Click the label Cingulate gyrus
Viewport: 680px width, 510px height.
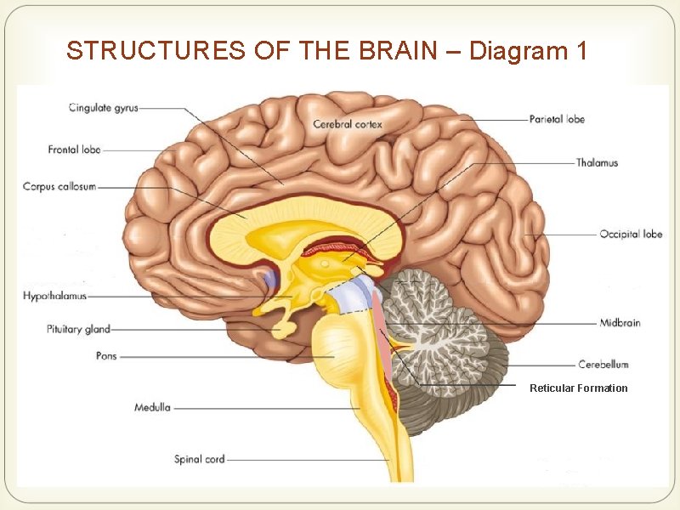click(103, 108)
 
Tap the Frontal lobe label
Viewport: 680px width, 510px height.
click(74, 150)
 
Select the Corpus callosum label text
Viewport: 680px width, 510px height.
click(59, 187)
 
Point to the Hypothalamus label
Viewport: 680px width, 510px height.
click(54, 296)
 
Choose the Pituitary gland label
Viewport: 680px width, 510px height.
click(78, 329)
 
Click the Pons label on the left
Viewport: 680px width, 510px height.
click(106, 356)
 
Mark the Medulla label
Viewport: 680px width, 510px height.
click(152, 407)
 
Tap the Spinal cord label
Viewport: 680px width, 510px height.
click(199, 459)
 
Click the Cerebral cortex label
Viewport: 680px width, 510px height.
click(348, 124)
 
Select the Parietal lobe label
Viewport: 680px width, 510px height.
click(557, 120)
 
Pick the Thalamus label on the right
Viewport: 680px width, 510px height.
click(597, 162)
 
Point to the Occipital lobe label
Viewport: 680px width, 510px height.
click(631, 234)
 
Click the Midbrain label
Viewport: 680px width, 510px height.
click(620, 323)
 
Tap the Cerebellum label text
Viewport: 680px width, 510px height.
click(603, 364)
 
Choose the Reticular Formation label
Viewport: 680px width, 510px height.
click(578, 388)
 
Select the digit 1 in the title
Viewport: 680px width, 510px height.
click(581, 51)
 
